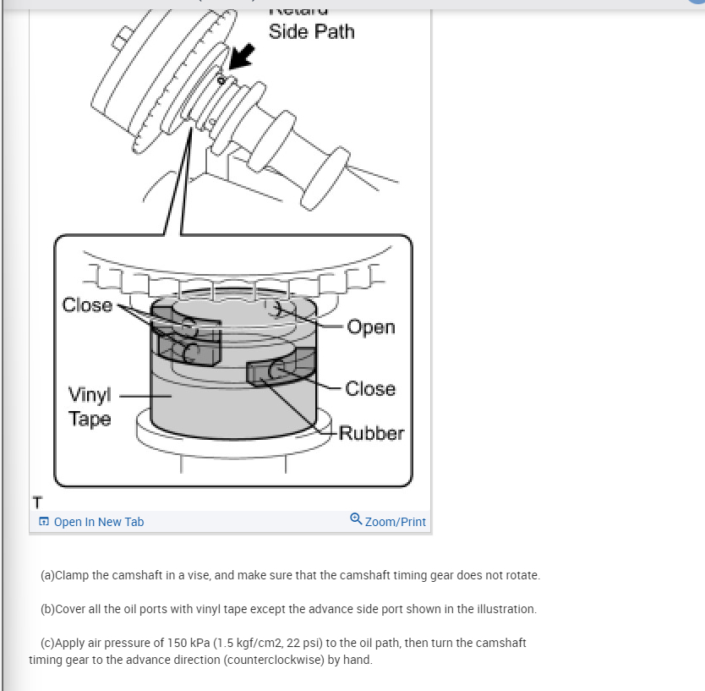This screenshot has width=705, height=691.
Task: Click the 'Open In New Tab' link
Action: pos(98,522)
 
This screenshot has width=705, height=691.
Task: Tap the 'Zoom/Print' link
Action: pos(395,522)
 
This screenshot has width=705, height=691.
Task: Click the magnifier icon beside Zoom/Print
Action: pos(356,521)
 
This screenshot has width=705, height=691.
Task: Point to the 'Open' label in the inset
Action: pos(370,326)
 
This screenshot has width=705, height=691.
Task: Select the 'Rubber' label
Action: pos(372,433)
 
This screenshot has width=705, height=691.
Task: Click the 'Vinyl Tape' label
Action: pos(90,406)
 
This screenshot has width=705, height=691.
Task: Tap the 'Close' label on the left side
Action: pos(87,304)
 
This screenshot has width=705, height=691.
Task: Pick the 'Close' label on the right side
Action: pos(370,388)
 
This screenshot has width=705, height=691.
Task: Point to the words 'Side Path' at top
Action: pos(311,32)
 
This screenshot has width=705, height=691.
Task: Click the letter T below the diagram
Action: pos(36,504)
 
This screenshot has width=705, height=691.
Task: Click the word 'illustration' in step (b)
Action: pos(505,609)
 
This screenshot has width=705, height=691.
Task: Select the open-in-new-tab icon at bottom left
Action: pos(44,522)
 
